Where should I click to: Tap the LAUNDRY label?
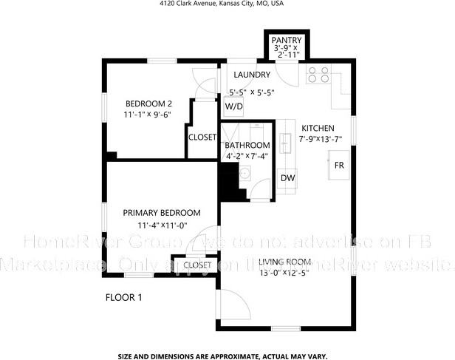pos(252,75)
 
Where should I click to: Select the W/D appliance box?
pos(233,106)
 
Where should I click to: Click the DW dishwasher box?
pos(288,178)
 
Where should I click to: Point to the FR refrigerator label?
pos(339,166)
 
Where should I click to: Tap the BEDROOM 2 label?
pos(148,103)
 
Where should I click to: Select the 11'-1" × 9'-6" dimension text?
pos(148,115)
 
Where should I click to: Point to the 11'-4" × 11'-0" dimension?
pos(162,225)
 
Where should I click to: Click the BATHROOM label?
pos(248,146)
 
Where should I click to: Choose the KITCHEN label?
pos(318,128)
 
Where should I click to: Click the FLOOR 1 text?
pos(123,298)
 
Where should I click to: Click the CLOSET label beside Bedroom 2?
pos(202,137)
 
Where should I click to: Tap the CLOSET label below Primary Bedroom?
pos(196,265)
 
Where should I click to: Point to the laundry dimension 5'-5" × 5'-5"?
pos(251,92)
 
